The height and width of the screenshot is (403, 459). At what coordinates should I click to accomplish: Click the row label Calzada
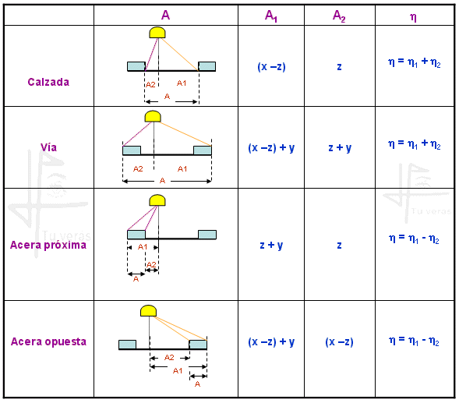pyautogui.click(x=48, y=82)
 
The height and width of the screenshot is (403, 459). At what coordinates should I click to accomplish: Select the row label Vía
pyautogui.click(x=48, y=147)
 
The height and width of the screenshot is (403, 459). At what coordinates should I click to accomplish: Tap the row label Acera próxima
pyautogui.click(x=48, y=245)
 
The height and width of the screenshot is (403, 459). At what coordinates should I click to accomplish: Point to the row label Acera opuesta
pyautogui.click(x=48, y=341)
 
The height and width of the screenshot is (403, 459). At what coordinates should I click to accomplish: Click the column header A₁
pyautogui.click(x=271, y=16)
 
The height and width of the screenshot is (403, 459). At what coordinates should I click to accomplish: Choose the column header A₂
pyautogui.click(x=339, y=16)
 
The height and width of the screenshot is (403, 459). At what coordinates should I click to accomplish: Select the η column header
pyautogui.click(x=413, y=17)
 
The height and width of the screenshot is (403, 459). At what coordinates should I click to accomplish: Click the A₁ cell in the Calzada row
pyautogui.click(x=271, y=67)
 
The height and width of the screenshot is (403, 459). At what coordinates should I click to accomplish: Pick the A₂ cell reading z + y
pyautogui.click(x=340, y=147)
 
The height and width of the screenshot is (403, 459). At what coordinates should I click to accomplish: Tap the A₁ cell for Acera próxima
pyautogui.click(x=271, y=245)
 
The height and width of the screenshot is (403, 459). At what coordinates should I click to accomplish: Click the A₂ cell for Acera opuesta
pyautogui.click(x=339, y=341)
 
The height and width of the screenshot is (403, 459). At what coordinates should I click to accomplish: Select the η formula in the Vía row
pyautogui.click(x=415, y=144)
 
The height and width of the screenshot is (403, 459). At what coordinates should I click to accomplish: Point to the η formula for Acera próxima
pyautogui.click(x=414, y=239)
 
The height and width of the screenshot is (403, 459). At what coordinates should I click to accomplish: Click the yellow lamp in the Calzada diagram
pyautogui.click(x=157, y=33)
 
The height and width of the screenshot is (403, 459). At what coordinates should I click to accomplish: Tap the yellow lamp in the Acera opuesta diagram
pyautogui.click(x=148, y=311)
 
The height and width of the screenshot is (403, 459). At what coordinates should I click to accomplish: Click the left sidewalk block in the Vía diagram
pyautogui.click(x=132, y=150)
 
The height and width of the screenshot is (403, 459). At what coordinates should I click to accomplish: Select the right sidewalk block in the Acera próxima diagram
pyautogui.click(x=207, y=235)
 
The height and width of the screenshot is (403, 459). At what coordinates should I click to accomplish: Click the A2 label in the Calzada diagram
pyautogui.click(x=150, y=85)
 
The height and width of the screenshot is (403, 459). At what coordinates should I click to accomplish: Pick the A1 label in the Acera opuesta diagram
pyautogui.click(x=178, y=371)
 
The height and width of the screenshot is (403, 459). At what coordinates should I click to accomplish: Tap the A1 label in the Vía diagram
pyautogui.click(x=182, y=169)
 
